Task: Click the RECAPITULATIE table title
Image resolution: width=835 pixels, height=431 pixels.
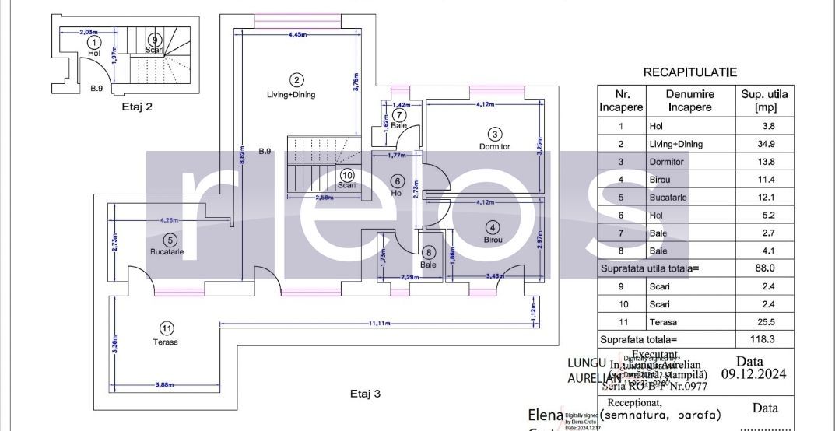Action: [x=689, y=72]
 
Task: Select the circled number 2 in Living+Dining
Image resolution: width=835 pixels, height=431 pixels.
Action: [x=296, y=79]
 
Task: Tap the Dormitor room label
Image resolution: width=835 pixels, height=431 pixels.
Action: [x=494, y=146]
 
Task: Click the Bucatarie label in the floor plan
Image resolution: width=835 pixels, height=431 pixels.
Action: [x=167, y=251]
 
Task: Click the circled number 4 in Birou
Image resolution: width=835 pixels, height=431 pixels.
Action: [x=492, y=227]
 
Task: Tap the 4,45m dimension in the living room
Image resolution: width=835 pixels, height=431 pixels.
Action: [x=296, y=35]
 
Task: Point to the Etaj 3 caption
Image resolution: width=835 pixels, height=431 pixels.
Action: [x=365, y=394]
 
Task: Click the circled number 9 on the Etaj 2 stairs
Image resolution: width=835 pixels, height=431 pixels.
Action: [x=155, y=39]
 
